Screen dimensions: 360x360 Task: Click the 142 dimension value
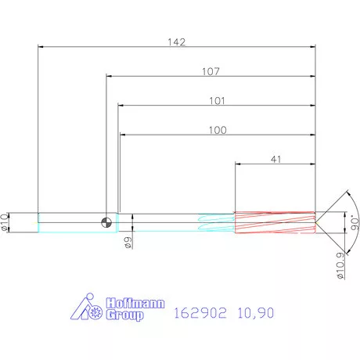click(178, 42)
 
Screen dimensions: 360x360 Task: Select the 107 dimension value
click(210, 71)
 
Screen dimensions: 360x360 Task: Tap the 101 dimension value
click(217, 101)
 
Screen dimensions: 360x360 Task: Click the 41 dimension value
click(275, 159)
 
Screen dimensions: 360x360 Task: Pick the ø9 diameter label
click(128, 243)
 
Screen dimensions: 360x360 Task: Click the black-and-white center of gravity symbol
click(106, 222)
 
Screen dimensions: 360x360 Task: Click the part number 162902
click(200, 314)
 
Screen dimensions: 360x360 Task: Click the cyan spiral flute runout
click(216, 222)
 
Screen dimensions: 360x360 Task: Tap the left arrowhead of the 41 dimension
click(239, 164)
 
